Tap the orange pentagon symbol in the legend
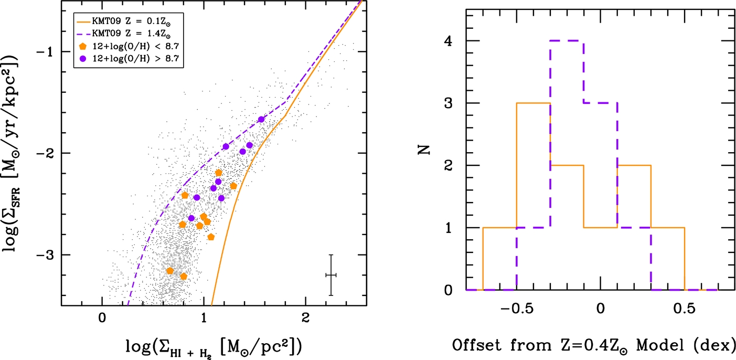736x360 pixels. coord(83,48)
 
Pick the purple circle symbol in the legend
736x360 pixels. coord(83,59)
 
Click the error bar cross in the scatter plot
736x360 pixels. coord(330,275)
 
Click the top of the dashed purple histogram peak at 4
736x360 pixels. coord(567,41)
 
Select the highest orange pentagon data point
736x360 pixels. coord(219,173)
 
